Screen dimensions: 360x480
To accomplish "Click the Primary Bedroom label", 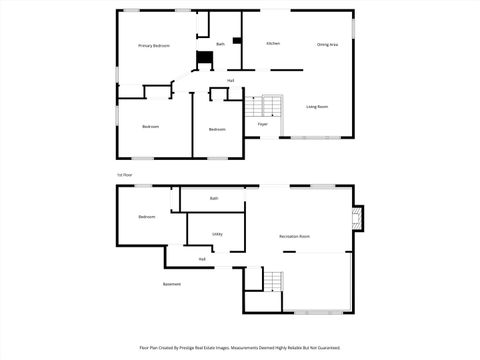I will tap(153, 46).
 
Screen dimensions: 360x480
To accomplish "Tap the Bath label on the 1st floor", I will tap(220, 44).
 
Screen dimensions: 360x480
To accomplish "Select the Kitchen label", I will tap(273, 44).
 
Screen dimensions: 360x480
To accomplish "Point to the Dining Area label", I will tap(326, 44).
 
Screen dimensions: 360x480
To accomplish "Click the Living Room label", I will tap(317, 106).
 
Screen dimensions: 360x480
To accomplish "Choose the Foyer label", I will tap(262, 124).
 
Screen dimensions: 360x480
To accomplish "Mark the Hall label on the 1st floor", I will tap(231, 80).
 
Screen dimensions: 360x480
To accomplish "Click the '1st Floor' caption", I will tap(125, 174).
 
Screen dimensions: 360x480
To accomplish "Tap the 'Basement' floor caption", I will tap(172, 284).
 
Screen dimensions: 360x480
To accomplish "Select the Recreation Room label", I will tap(294, 236).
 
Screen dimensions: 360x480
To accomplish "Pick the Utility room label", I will tap(217, 234).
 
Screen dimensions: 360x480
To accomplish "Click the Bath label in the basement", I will tap(214, 199).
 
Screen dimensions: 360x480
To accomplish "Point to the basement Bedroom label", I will tap(147, 217).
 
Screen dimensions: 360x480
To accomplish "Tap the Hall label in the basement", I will tap(202, 259).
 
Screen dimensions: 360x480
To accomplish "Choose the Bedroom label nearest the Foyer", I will tap(217, 129).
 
